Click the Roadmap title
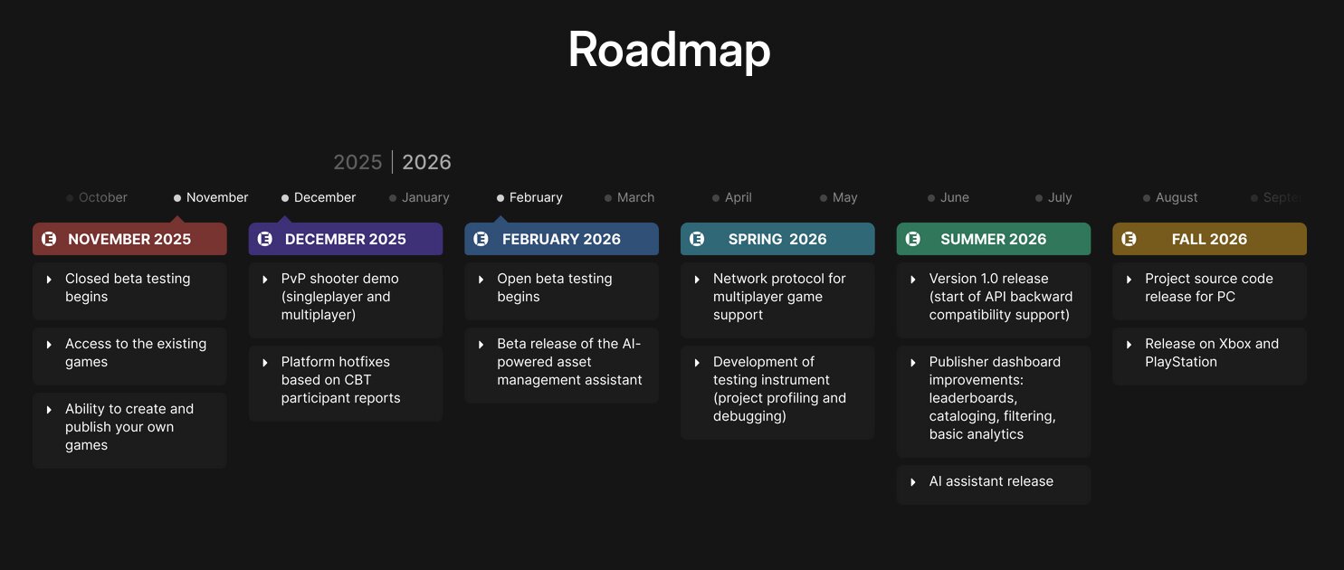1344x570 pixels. click(x=669, y=50)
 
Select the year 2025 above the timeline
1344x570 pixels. click(x=357, y=162)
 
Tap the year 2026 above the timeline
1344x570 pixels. click(x=426, y=162)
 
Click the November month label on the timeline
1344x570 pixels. click(x=216, y=197)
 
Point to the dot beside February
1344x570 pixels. click(x=500, y=198)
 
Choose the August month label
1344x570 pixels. click(x=1176, y=197)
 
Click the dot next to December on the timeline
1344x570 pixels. click(x=285, y=198)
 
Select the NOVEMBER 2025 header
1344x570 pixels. click(x=129, y=239)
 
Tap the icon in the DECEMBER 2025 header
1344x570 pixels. click(x=264, y=239)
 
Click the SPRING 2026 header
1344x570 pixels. click(x=777, y=239)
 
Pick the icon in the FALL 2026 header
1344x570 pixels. click(x=1129, y=239)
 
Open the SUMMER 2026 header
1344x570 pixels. click(x=994, y=239)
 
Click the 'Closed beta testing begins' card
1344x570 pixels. click(x=129, y=290)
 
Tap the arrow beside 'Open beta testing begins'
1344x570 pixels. click(x=481, y=280)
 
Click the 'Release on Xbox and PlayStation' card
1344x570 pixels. click(x=1209, y=356)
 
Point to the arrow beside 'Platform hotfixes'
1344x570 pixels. click(x=265, y=363)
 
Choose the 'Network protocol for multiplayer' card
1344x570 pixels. click(x=777, y=299)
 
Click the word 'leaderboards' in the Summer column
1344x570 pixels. click(x=973, y=398)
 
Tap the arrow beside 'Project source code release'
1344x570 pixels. click(x=1130, y=280)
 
